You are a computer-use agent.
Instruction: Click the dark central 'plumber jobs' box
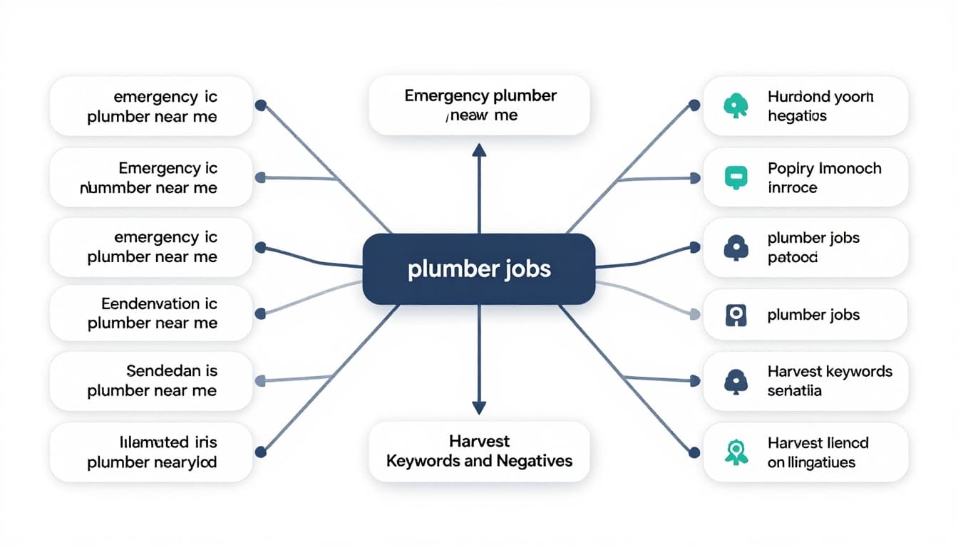478,270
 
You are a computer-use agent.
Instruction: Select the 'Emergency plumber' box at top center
480,105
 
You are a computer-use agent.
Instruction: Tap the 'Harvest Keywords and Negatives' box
479,451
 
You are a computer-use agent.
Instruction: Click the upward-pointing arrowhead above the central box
479,150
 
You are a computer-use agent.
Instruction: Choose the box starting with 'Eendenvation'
151,313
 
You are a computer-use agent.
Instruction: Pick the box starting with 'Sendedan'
151,381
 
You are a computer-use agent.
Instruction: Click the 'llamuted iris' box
151,452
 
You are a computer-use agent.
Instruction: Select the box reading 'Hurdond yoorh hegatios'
805,106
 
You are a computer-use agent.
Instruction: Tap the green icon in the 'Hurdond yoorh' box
736,106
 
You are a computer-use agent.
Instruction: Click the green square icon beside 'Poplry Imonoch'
736,177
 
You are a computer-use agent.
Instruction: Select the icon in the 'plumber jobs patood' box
736,247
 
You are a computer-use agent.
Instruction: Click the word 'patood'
792,257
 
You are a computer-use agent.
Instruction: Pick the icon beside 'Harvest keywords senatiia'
736,382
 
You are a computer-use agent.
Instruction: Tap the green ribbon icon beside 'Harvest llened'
736,452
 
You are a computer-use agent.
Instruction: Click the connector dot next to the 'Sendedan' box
260,381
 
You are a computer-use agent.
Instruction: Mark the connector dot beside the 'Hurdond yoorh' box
695,105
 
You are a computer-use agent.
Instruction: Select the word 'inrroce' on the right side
792,188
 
